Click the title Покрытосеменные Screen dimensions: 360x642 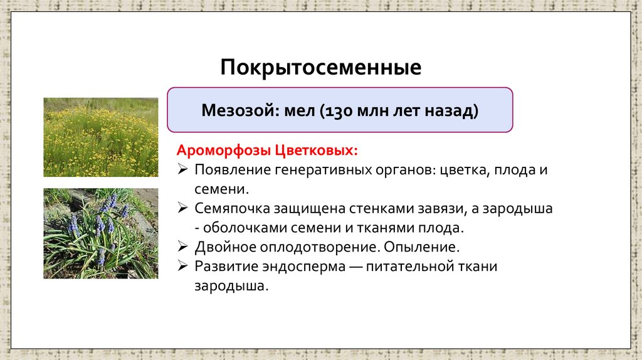(x=320, y=67)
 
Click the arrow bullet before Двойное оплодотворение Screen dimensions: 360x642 (x=182, y=246)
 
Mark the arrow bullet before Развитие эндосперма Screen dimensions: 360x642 (x=182, y=267)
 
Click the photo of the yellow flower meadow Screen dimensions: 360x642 (x=100, y=137)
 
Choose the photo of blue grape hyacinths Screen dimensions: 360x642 (x=100, y=233)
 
